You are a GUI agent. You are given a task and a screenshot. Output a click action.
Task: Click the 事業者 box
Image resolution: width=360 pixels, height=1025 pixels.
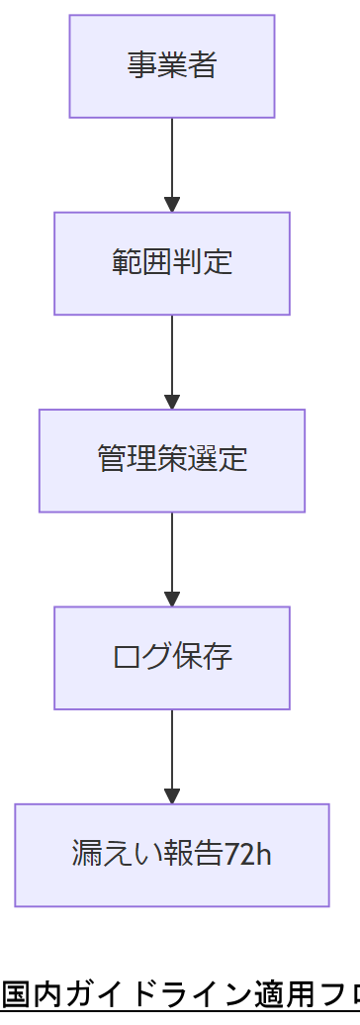click(x=172, y=66)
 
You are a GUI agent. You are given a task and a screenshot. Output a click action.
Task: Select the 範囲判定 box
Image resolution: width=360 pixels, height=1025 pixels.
click(x=172, y=263)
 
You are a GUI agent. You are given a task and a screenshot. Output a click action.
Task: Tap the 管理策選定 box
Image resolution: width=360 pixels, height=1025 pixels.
click(x=172, y=460)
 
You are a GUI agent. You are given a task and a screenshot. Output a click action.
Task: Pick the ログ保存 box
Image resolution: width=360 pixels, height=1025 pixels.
click(x=172, y=658)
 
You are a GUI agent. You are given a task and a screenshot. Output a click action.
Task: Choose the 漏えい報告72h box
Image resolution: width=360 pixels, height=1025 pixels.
click(x=172, y=855)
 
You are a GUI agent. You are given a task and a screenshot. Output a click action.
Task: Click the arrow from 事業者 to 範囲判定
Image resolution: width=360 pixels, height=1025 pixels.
click(x=172, y=158)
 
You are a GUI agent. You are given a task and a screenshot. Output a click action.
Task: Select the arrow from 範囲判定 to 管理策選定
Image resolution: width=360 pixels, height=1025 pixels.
click(x=172, y=356)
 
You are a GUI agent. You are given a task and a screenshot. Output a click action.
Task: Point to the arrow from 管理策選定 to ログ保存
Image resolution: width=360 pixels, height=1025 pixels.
click(x=172, y=553)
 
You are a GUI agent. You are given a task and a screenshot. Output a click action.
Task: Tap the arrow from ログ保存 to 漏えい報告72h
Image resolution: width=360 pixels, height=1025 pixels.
click(x=172, y=750)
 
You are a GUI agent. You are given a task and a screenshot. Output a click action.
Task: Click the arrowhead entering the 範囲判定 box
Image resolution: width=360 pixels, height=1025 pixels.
click(x=172, y=205)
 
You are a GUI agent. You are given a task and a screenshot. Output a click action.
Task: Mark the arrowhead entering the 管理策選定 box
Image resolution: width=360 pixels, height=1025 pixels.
click(x=172, y=402)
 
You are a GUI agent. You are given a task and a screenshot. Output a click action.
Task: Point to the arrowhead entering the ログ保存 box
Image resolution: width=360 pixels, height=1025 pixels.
click(x=172, y=600)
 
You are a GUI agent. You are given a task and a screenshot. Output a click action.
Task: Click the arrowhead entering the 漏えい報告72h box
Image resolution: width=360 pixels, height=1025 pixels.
click(x=172, y=796)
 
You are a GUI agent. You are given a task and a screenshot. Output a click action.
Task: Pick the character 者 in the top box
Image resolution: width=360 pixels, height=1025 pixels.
click(x=203, y=66)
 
